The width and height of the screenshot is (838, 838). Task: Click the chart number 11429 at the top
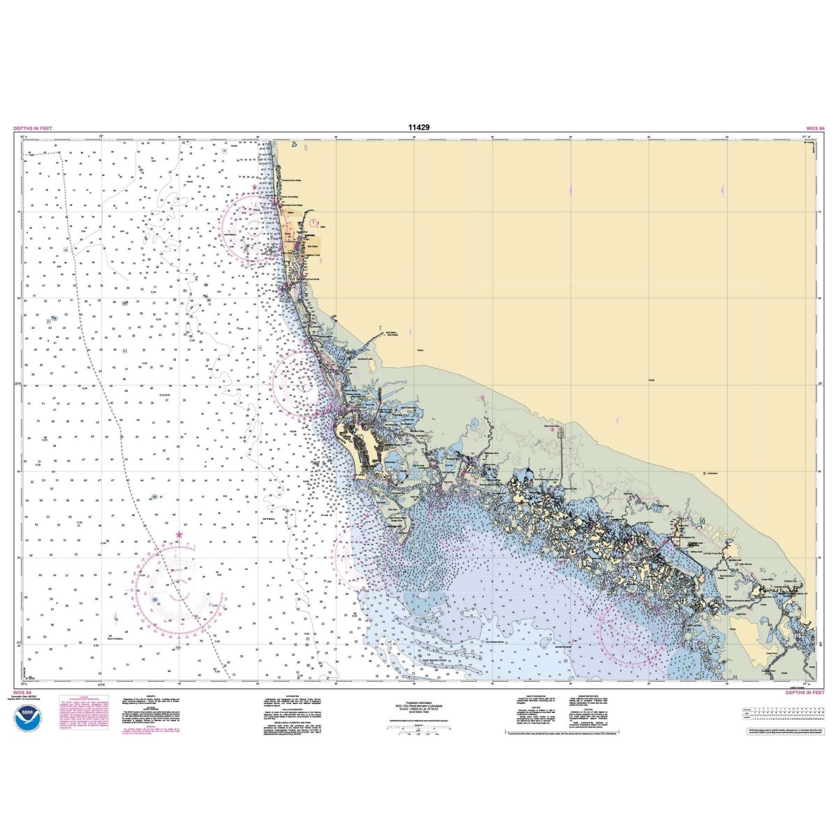(419, 128)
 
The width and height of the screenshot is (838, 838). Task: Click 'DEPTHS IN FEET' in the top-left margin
(32, 128)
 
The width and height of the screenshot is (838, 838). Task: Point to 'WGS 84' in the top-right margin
(815, 128)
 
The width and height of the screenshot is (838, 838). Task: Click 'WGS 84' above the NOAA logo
(22, 693)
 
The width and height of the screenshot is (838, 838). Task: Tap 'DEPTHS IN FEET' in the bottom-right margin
(805, 693)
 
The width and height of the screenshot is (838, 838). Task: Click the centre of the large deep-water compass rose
(179, 589)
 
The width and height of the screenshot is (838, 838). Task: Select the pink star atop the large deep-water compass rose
(179, 535)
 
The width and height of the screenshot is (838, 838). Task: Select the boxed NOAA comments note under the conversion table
(786, 730)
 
